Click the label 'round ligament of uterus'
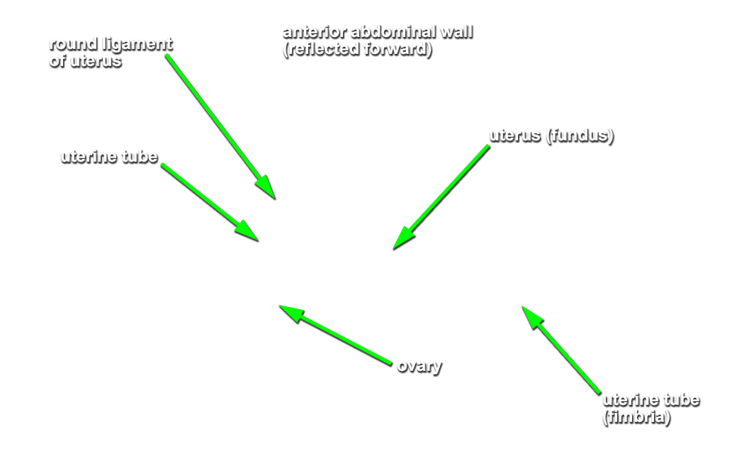point(111,52)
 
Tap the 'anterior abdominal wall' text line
point(378,32)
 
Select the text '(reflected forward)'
point(357,49)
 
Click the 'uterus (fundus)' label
point(551,135)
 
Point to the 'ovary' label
point(419,366)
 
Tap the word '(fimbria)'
point(636,417)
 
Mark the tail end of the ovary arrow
point(391,364)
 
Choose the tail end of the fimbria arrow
point(599,393)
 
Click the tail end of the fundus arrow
point(488,146)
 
